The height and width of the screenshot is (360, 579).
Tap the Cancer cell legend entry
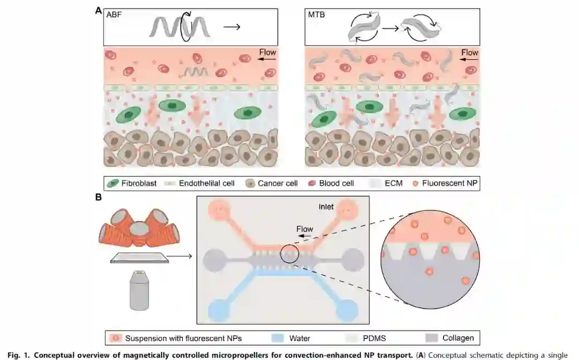click(x=277, y=183)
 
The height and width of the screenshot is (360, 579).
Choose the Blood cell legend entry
click(x=336, y=183)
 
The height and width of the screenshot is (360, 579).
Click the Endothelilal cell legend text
click(x=206, y=183)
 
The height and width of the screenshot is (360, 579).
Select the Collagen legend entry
click(x=457, y=338)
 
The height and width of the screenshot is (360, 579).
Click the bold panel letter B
click(x=99, y=197)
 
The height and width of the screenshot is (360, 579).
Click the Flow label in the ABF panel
click(x=267, y=52)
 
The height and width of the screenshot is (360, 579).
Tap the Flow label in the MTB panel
click(x=469, y=52)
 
